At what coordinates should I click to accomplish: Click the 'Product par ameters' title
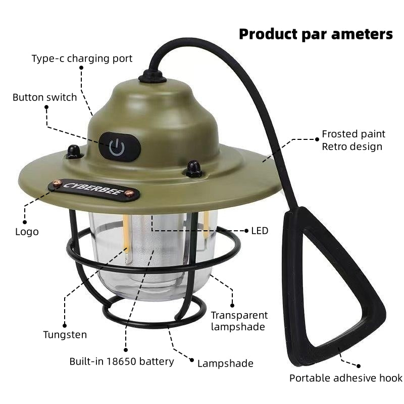[x=316, y=34]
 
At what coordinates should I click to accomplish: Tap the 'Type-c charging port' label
[x=82, y=59]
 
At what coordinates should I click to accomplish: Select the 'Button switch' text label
[x=45, y=97]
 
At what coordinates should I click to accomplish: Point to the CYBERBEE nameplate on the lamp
[x=93, y=190]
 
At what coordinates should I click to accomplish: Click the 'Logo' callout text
[x=26, y=232]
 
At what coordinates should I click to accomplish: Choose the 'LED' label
[x=260, y=231]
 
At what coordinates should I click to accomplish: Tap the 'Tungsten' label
[x=65, y=334]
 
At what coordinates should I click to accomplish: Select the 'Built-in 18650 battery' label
[x=122, y=361]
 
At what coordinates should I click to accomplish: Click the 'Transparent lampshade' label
[x=239, y=321]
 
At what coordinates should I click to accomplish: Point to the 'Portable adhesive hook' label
[x=346, y=378]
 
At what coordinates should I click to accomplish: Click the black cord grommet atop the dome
[x=153, y=76]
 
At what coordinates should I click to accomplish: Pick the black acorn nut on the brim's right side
[x=193, y=168]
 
